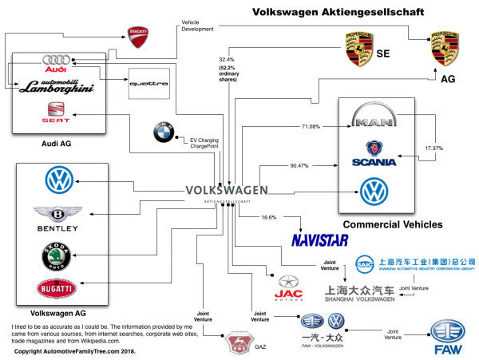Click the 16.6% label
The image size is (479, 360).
tap(269, 217)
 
